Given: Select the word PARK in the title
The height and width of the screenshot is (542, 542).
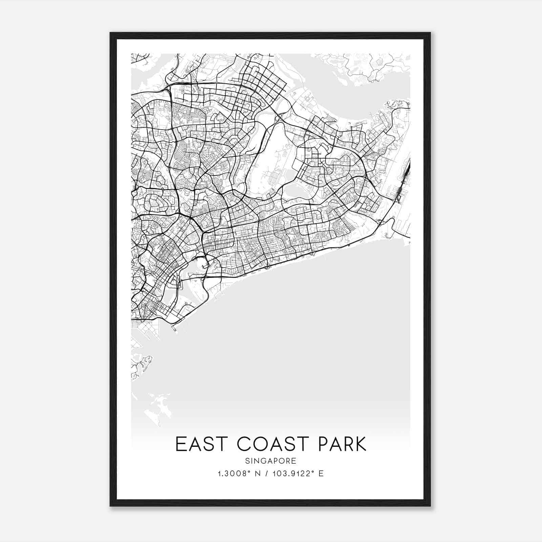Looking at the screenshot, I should click(x=342, y=444).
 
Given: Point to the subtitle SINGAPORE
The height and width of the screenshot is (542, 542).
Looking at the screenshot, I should click(x=271, y=461).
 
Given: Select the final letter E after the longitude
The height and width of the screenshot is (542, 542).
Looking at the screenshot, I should click(x=321, y=473).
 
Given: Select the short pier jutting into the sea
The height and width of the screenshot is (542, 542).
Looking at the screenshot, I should click(x=174, y=328).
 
